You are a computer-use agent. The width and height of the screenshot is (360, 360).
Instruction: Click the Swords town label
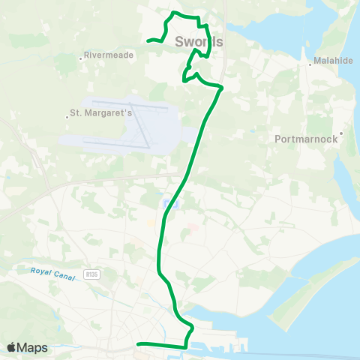tap(199, 42)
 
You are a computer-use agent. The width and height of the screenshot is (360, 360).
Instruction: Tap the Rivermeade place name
tap(109, 55)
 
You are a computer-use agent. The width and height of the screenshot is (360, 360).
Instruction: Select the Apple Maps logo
tap(28, 347)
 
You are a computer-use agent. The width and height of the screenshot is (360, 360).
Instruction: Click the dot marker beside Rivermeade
tap(81, 55)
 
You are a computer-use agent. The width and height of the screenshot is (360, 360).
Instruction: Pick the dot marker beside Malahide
tap(310, 64)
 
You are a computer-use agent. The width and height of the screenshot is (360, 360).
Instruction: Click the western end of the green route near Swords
tap(148, 40)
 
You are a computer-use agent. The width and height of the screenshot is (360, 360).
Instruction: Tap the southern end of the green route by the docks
tap(137, 344)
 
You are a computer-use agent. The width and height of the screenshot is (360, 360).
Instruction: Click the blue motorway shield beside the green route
tap(169, 204)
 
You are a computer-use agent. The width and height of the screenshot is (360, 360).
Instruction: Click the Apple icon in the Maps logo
tap(12, 347)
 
